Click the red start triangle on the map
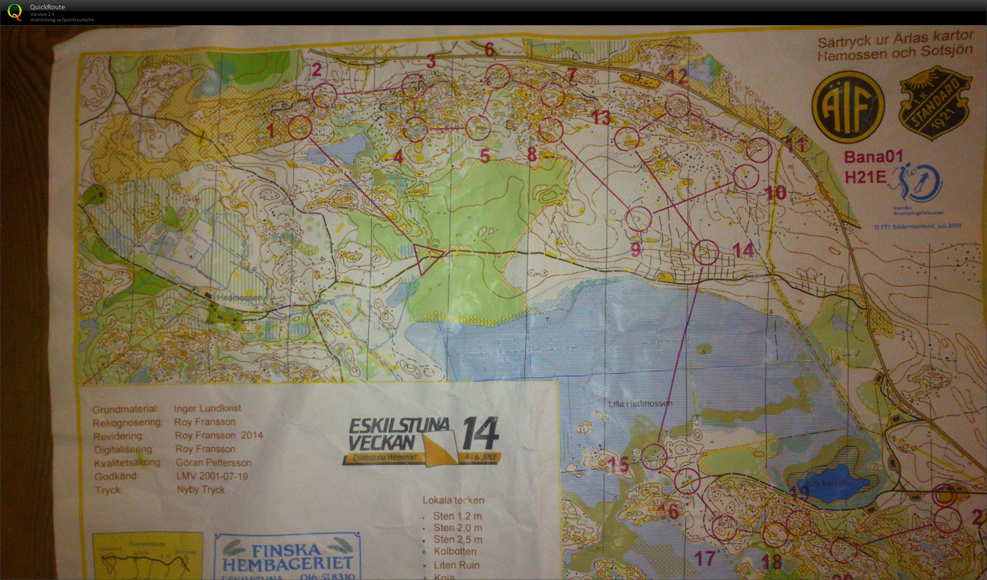(x=426, y=257)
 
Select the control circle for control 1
(x=300, y=127)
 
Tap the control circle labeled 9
(x=639, y=218)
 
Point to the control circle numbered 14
(x=706, y=252)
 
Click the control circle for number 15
(x=654, y=457)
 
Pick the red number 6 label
(x=489, y=50)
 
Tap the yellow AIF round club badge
(x=848, y=107)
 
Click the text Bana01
(x=873, y=157)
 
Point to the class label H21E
(x=865, y=177)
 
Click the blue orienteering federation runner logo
(x=916, y=184)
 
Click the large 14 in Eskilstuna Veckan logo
(x=480, y=433)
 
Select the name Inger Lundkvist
(x=208, y=408)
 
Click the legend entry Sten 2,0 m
(x=457, y=528)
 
